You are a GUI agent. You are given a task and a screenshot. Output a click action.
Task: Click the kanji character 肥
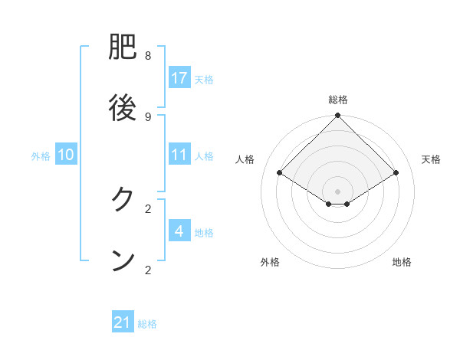coord(123,50)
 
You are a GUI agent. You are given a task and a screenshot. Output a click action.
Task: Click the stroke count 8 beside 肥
coord(148,56)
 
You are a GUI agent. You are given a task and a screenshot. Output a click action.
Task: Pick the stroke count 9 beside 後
coord(148,116)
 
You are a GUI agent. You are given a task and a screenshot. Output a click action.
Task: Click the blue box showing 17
coord(179,78)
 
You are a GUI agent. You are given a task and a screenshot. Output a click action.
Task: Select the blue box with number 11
coord(179,155)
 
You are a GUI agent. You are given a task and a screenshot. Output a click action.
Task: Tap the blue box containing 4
coord(179,231)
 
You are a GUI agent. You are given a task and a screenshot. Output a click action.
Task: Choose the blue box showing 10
coord(66,155)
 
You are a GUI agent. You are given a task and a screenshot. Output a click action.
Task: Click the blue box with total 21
coord(123,323)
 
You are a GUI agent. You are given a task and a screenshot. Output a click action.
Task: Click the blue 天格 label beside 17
coord(204,79)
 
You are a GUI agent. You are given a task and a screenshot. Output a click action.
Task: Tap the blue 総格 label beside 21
coord(147,324)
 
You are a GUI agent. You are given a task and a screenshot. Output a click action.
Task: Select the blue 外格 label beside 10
coord(41,155)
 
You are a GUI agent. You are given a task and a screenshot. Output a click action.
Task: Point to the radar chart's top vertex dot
coord(338,116)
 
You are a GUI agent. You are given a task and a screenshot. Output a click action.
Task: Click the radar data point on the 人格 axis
coord(280,173)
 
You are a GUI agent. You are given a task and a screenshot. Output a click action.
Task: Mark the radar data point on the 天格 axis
coord(396,173)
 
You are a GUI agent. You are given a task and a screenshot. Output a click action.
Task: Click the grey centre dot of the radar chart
coord(338,191)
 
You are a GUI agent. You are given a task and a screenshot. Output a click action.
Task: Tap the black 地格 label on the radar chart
coord(402,262)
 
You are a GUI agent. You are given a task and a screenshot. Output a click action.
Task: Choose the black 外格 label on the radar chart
coord(270,262)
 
